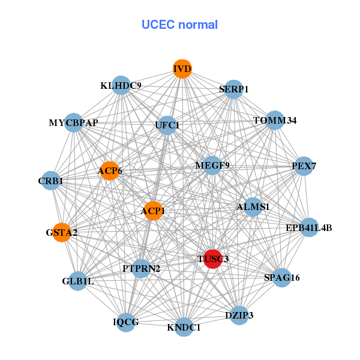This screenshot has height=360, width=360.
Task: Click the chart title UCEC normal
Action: click(179, 25)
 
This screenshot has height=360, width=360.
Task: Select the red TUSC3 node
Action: click(212, 259)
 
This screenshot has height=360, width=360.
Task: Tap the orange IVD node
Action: click(182, 69)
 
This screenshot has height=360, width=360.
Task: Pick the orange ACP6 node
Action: click(109, 171)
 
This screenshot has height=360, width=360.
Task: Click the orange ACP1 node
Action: click(153, 211)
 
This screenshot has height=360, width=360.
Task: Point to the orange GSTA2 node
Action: click(62, 232)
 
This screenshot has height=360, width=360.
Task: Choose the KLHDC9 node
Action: click(121, 86)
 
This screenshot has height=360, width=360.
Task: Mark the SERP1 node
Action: click(234, 89)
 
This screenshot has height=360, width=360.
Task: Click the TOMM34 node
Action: click(275, 121)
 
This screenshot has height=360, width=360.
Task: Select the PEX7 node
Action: click(304, 166)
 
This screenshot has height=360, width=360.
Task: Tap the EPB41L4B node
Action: click(309, 227)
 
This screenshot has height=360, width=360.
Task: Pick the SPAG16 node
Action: click(282, 278)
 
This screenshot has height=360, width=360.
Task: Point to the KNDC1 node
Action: click(184, 327)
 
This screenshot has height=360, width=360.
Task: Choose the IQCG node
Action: click(126, 322)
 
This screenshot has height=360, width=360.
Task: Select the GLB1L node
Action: click(78, 281)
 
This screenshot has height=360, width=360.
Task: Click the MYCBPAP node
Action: click(73, 123)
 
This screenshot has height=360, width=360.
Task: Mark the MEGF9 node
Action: click(212, 165)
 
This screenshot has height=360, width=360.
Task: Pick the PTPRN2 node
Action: click(141, 268)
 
